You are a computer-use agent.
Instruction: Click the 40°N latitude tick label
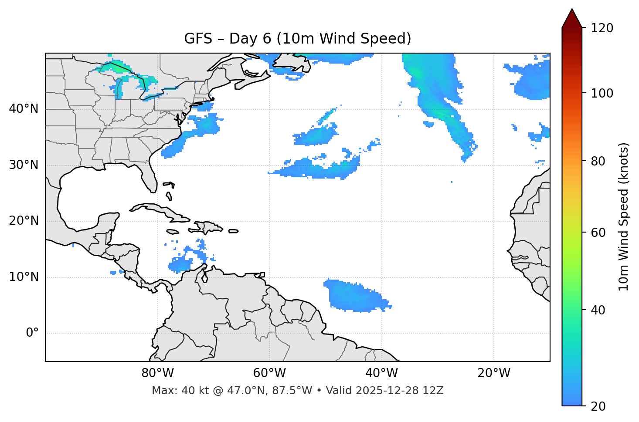click(24, 109)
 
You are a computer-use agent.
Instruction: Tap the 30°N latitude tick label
click(24, 165)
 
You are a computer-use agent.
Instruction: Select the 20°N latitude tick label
click(24, 221)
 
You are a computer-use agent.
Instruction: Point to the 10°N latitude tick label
click(24, 277)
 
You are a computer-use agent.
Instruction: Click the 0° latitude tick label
click(32, 333)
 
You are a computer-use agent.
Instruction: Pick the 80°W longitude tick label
click(157, 373)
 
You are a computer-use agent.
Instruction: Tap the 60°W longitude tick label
click(269, 373)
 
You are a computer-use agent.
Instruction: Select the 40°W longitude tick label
click(381, 373)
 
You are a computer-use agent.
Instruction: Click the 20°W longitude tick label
click(494, 373)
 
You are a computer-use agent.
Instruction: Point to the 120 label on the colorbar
click(602, 28)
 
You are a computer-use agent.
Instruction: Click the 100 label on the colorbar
click(602, 93)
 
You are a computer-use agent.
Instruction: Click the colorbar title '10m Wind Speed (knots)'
click(624, 216)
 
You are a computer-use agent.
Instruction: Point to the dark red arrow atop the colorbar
click(572, 18)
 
